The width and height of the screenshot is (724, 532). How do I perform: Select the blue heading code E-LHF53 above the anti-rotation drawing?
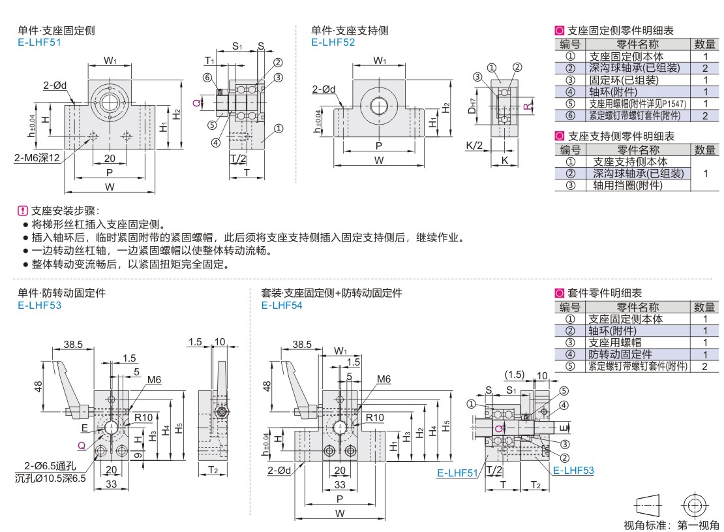click(x=39, y=305)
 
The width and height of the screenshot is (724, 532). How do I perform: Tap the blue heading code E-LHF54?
click(x=282, y=305)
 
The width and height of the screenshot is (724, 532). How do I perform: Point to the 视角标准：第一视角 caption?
click(x=671, y=525)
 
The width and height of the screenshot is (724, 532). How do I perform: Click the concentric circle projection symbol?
click(x=694, y=505)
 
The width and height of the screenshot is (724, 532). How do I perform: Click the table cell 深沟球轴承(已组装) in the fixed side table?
click(x=623, y=68)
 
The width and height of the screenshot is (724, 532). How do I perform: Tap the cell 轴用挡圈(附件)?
click(x=623, y=185)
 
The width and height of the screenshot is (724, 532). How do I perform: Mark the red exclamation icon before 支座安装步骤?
click(x=23, y=211)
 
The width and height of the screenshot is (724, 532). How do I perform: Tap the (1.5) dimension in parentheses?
click(x=515, y=374)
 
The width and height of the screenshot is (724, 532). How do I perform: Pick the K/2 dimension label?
click(x=474, y=145)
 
